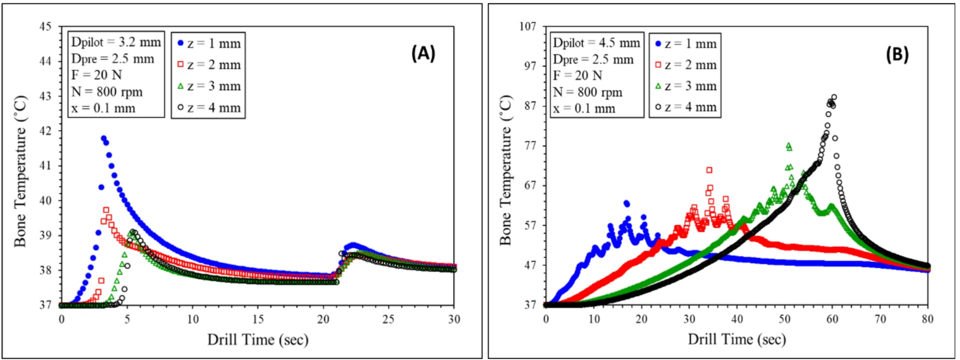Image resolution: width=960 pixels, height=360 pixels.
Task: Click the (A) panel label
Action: coord(423,53)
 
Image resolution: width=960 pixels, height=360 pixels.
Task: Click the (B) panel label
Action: coord(897,54)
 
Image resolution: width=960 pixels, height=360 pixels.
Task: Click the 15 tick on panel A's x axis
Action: coord(258,319)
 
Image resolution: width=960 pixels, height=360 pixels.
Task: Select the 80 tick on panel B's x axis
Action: coord(928,319)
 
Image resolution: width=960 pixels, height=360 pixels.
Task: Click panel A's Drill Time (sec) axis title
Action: coord(258,340)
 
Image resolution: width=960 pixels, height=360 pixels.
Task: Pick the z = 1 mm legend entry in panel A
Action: coord(208,44)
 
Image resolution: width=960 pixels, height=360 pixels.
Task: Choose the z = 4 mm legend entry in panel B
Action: coord(686,107)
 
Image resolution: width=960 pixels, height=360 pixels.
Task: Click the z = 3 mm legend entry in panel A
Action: coord(208,86)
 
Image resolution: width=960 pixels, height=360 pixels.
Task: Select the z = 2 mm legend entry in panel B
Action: coord(686,65)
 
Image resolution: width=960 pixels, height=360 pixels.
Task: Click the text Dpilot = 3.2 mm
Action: coord(116,42)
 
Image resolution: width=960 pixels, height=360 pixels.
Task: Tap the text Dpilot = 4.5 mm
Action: coord(596,43)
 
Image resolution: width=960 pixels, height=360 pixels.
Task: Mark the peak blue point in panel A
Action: coord(103,139)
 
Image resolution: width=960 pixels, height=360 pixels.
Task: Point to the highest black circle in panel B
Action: coord(834,97)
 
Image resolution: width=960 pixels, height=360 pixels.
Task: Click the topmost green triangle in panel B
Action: coord(789,145)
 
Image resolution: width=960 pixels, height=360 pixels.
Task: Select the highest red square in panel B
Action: coord(709,170)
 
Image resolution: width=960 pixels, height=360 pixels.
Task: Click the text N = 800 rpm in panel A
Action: coord(107,92)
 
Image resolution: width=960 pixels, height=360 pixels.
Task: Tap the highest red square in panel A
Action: coord(106,210)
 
